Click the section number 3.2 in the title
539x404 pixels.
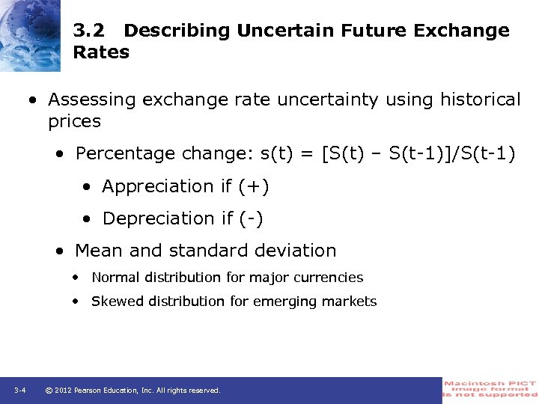point(88,31)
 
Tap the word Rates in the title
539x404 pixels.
point(101,52)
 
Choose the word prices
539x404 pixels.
point(74,121)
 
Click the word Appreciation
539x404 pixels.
point(158,186)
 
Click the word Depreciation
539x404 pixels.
point(158,218)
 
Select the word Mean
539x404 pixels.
point(97,251)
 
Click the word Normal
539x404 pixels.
point(115,278)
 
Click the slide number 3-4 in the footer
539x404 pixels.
point(20,391)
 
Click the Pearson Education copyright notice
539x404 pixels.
point(133,391)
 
